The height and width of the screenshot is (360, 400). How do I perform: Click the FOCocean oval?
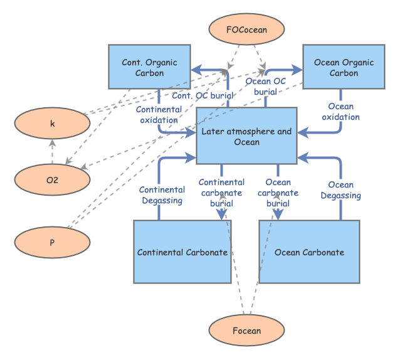(246, 30)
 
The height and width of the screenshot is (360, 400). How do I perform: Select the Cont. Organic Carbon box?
(149, 67)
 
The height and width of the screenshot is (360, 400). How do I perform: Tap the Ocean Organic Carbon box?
(343, 67)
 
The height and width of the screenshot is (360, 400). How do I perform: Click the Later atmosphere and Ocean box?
(246, 136)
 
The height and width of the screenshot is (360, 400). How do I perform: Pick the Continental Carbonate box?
(182, 251)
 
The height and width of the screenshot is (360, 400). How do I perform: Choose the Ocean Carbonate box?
(309, 251)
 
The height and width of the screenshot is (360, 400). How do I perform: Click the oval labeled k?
(52, 124)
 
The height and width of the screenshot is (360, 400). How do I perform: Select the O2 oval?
(52, 179)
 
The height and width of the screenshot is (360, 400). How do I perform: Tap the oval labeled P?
(52, 242)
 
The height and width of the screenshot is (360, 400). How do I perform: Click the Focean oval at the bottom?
(246, 331)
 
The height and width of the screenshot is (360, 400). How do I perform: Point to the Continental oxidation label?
(159, 114)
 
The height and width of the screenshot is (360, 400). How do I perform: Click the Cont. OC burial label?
(203, 96)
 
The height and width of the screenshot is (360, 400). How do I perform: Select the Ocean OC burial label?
(266, 86)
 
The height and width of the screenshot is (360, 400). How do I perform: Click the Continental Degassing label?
(161, 195)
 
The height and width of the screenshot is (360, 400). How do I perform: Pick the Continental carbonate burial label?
(221, 193)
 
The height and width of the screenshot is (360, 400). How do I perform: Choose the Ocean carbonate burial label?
(278, 193)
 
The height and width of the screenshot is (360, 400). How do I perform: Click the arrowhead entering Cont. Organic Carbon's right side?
(195, 67)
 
